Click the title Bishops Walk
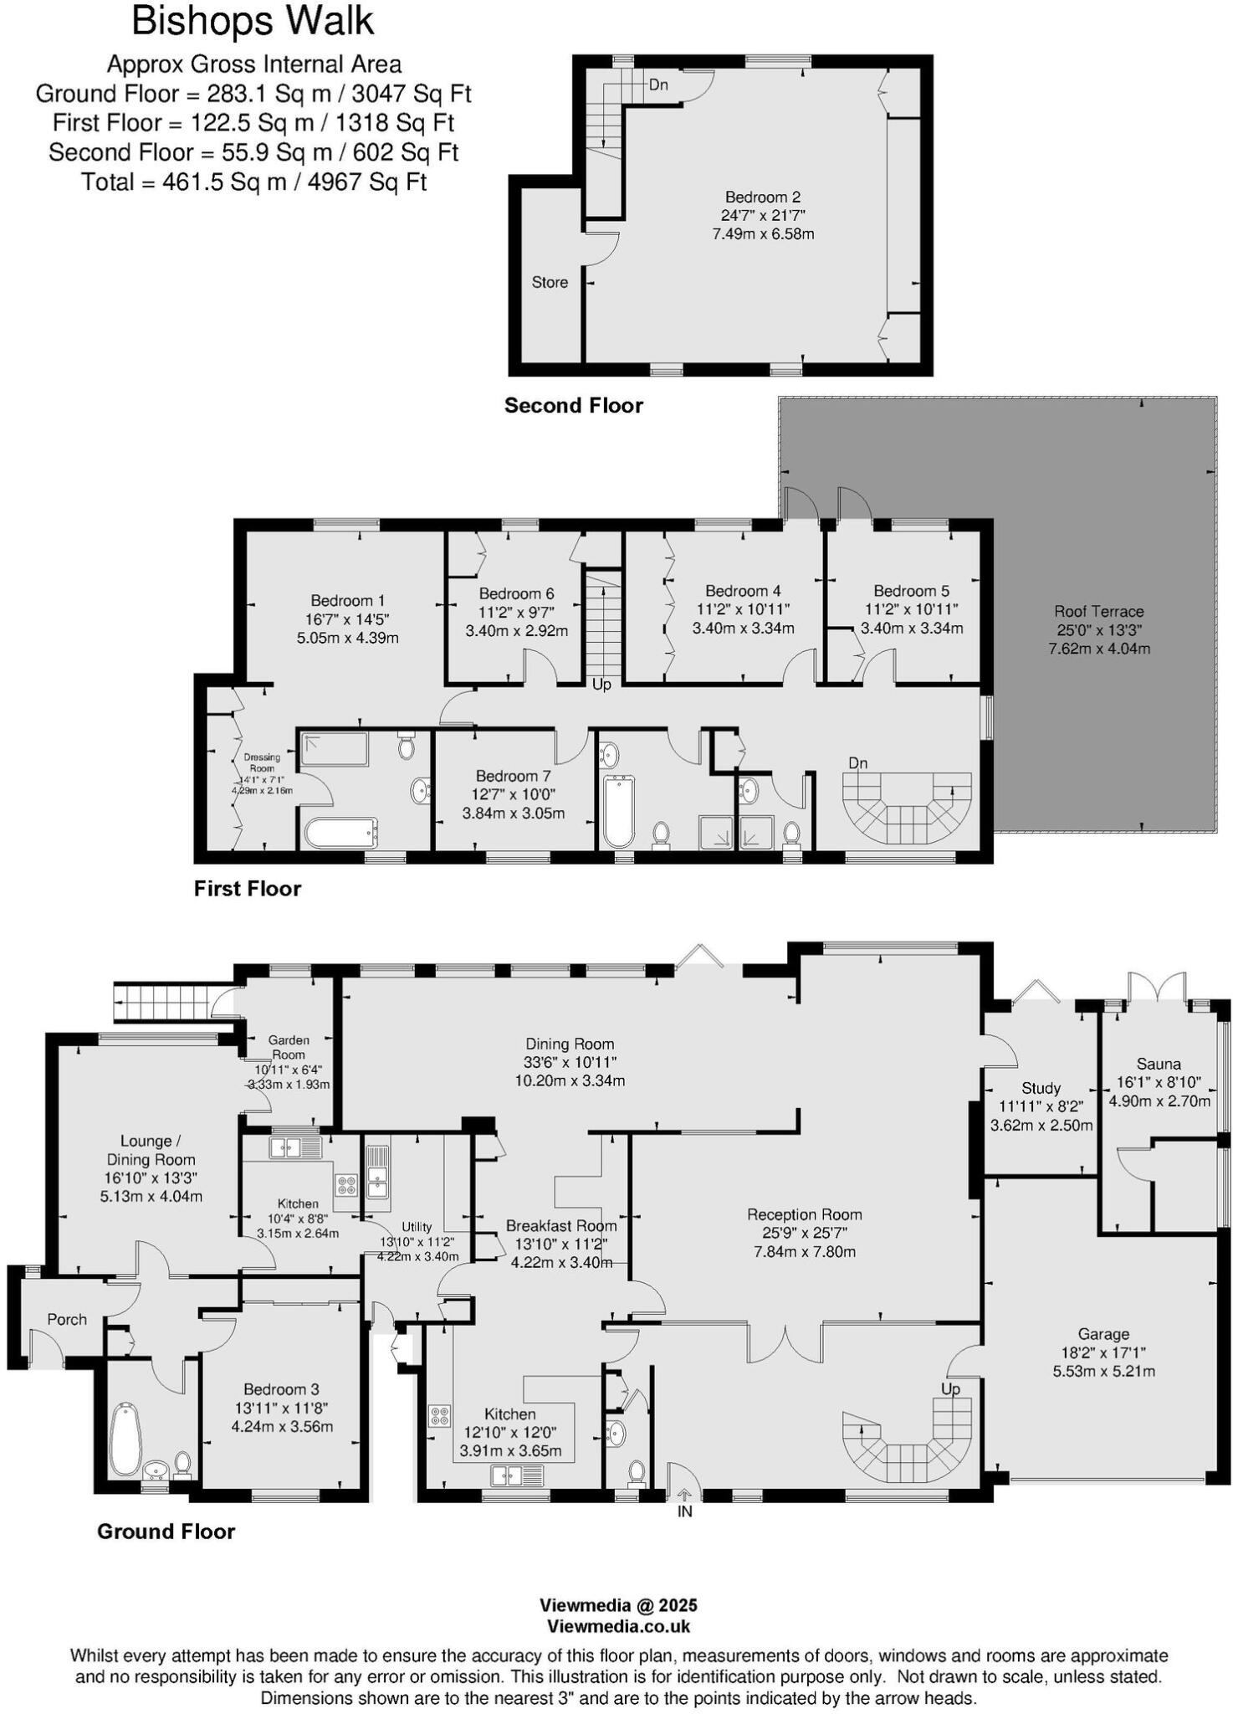(253, 22)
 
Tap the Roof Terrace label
(1098, 612)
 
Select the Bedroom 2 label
(762, 198)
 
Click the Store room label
(550, 283)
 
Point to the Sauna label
(1159, 1064)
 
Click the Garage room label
(1103, 1334)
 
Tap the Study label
(1041, 1088)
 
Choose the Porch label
(67, 1319)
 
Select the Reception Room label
(804, 1214)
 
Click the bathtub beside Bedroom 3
(125, 1439)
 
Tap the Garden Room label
(289, 1047)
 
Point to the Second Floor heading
(573, 406)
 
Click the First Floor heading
(247, 889)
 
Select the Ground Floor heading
(166, 1532)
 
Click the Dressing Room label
(262, 762)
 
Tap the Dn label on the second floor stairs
(658, 85)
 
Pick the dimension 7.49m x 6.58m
(763, 234)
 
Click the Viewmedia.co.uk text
(618, 1626)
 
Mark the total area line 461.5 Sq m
(253, 182)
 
